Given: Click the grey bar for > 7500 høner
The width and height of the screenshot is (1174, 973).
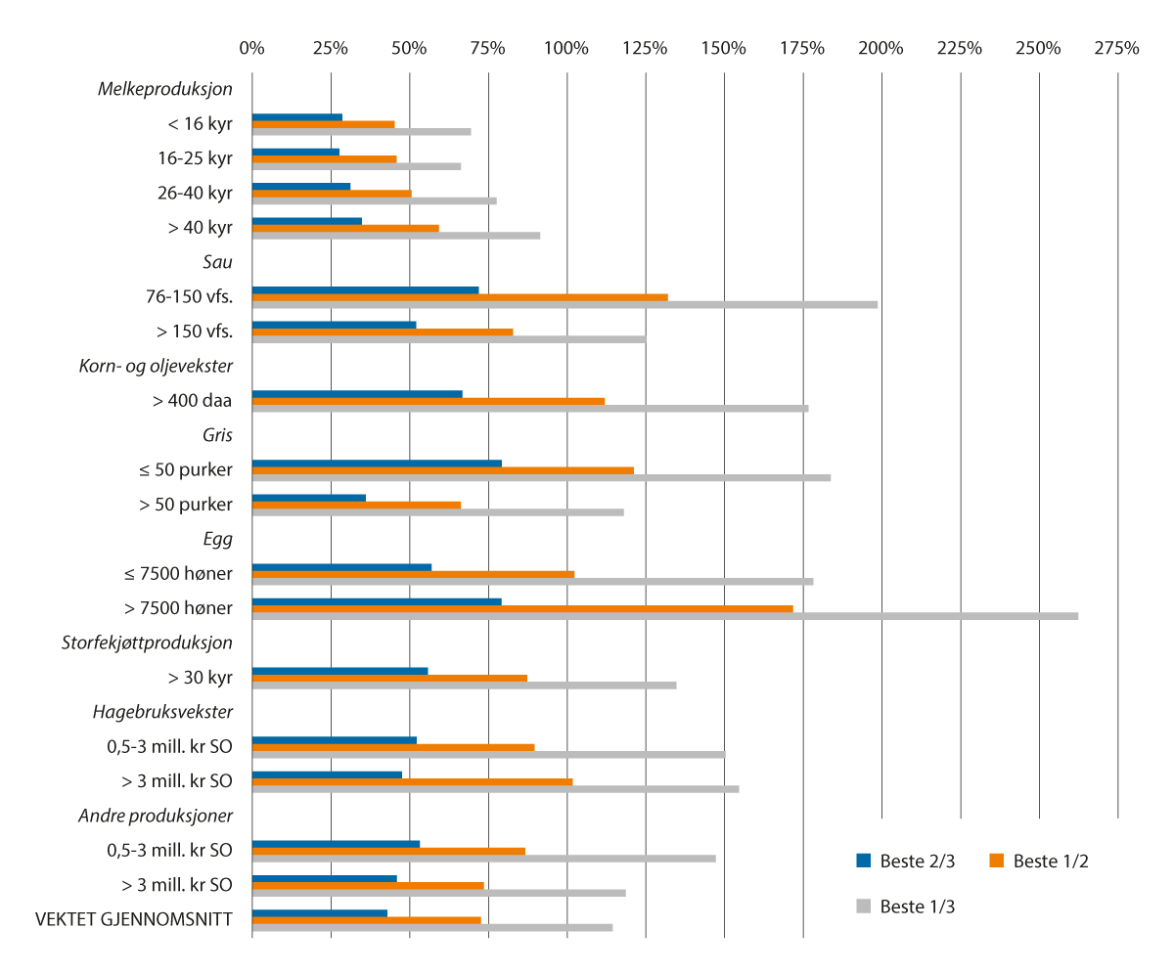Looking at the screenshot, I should tap(665, 616).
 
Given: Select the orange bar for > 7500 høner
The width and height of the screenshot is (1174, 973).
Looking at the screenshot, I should tap(522, 608).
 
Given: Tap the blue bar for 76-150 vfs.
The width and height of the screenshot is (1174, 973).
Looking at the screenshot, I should tap(365, 289).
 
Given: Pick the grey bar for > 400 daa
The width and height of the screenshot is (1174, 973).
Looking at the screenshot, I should tap(530, 408).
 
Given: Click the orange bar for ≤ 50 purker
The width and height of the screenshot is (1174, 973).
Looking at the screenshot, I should tap(442, 470).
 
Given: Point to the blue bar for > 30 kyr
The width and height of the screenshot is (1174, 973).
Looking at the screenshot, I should tap(339, 670).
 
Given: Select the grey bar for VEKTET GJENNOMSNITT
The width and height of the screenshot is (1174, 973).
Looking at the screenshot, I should tap(432, 927).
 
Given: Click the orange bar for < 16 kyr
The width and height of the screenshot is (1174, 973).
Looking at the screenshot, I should tap(323, 124).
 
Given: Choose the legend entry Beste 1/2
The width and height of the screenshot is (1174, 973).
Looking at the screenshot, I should tap(1039, 862).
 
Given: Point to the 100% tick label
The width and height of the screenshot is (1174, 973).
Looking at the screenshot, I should tap(565, 48).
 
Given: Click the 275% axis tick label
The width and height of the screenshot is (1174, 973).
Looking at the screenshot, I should tap(1117, 48).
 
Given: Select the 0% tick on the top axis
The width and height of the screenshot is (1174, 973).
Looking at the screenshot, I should tap(251, 48).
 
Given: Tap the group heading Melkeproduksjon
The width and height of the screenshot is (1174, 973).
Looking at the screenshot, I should tap(165, 89).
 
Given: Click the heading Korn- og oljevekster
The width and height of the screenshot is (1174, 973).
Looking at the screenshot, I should tap(156, 366).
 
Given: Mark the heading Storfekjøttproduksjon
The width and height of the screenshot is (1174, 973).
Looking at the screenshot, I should tap(148, 642).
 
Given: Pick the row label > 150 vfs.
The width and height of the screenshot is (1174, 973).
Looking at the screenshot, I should tap(194, 332).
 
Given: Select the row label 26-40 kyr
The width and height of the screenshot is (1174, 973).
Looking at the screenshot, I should tap(195, 193).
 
